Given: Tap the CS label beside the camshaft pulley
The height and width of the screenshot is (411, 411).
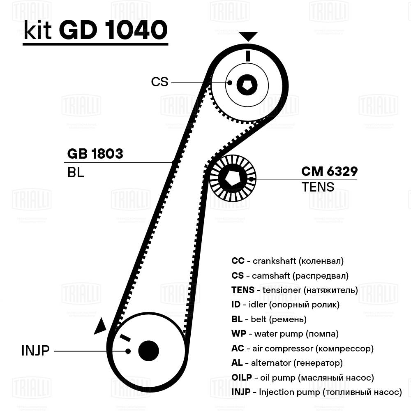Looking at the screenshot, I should point(159,82).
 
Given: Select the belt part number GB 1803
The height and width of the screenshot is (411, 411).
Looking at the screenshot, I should point(95,154).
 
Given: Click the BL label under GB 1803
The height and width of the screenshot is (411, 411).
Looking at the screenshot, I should point(76,172).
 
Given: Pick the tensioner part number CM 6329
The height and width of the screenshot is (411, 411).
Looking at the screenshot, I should point(329,171).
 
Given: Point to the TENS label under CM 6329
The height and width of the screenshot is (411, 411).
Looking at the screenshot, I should point(318,187).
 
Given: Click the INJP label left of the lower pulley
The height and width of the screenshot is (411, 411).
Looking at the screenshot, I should point(35,351).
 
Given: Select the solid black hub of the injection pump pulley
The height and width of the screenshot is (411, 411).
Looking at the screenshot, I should point(148,351).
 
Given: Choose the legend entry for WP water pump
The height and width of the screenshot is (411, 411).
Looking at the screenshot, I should point(285,334).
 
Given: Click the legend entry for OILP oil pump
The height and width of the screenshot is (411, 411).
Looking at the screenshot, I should point(302,378).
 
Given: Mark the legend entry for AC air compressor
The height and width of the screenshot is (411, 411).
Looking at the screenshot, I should point(302,349).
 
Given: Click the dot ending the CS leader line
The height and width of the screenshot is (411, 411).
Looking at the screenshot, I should point(230,83).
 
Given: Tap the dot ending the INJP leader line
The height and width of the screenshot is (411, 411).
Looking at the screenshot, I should point(128,351).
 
